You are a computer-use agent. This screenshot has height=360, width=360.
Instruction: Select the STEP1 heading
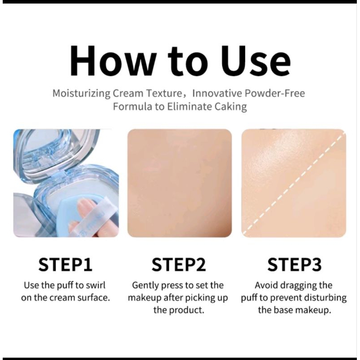click(x=65, y=265)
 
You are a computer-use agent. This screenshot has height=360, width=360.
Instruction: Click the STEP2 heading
click(x=179, y=265)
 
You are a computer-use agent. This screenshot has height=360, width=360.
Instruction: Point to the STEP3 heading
click(x=294, y=265)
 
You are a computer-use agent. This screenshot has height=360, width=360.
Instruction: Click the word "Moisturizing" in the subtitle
click(x=81, y=94)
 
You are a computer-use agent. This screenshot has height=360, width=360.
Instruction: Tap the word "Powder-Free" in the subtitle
click(x=274, y=93)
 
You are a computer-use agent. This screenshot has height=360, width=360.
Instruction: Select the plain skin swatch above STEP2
click(x=180, y=183)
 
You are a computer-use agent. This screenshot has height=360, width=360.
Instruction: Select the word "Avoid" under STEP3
click(x=266, y=285)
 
